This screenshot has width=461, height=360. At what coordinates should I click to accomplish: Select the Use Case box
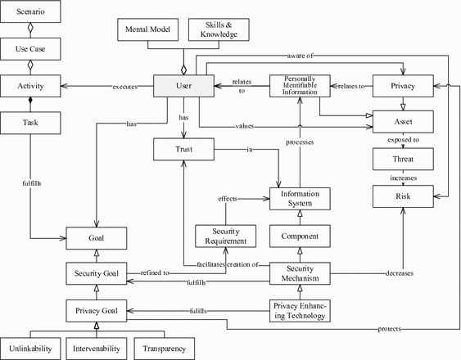point(30,49)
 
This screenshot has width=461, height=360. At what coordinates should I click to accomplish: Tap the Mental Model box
point(149,29)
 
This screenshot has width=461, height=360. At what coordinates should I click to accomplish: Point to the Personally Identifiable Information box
point(300,85)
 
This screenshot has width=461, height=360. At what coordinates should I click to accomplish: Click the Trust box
point(183,150)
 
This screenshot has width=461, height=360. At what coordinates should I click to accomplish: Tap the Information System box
point(300,198)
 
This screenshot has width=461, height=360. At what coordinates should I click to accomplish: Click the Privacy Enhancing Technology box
point(300,311)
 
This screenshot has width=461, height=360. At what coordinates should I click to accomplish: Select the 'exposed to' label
point(402,141)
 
